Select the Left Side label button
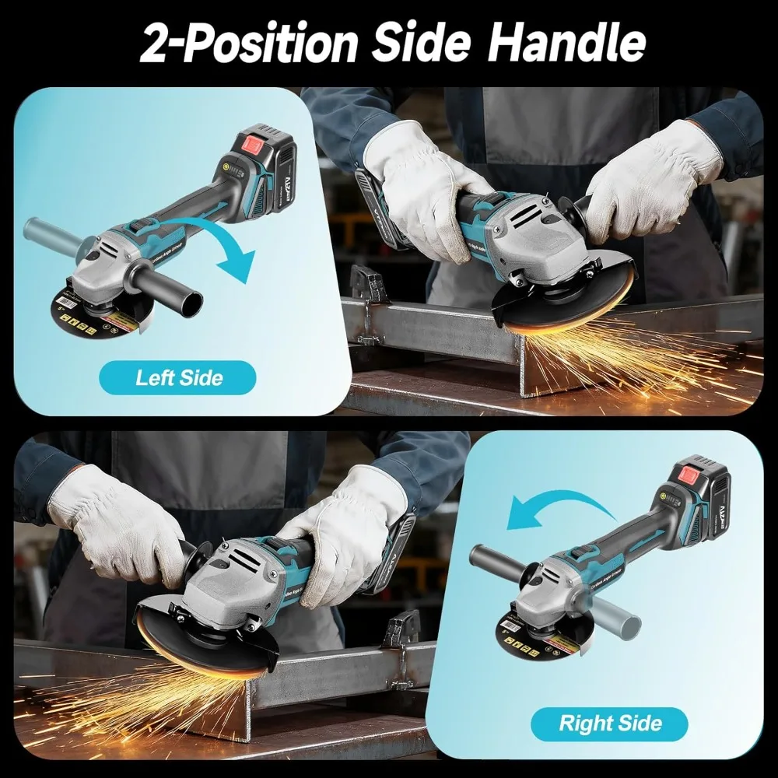pos(179,378)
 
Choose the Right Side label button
pos(610,724)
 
